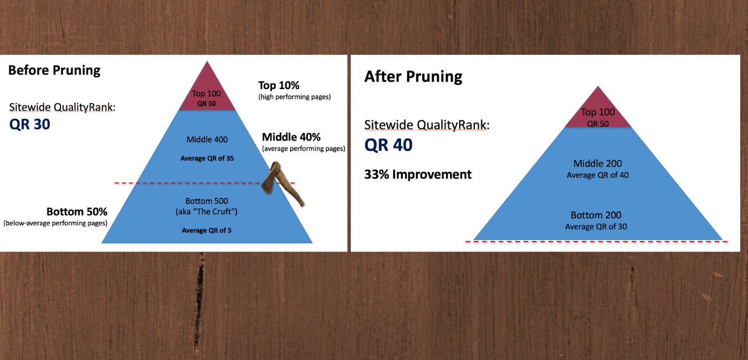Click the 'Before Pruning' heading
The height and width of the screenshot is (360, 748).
tap(54, 70)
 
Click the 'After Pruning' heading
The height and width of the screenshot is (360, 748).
tap(413, 77)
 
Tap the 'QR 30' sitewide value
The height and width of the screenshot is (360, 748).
tap(30, 124)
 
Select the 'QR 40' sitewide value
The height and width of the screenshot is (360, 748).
tap(388, 145)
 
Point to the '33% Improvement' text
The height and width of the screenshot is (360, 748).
tap(418, 174)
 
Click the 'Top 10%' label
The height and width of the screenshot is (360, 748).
tap(279, 85)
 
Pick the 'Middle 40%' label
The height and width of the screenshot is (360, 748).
tap(291, 137)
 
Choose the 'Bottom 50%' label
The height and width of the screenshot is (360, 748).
tap(77, 212)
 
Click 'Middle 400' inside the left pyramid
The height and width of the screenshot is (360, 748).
tap(207, 140)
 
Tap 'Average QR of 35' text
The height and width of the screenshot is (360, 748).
tap(207, 158)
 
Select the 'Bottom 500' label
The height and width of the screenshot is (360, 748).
tap(207, 201)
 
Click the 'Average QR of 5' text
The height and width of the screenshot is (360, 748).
tap(206, 230)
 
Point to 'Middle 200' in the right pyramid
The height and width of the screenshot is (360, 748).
tap(598, 163)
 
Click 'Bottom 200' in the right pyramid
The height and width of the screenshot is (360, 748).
tap(596, 215)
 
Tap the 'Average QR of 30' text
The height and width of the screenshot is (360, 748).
tap(596, 227)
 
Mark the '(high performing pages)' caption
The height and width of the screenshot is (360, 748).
tap(295, 97)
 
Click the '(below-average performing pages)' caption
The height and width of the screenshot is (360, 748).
tap(55, 223)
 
